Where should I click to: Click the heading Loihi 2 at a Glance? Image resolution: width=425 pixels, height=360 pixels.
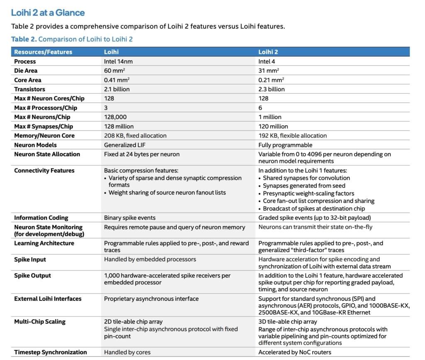(48, 12)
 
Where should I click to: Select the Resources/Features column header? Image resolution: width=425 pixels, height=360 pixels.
(43, 52)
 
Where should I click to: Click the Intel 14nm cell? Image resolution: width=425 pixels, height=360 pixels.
(118, 61)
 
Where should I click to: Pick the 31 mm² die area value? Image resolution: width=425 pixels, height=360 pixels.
(269, 71)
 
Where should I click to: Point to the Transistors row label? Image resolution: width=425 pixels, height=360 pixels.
(29, 89)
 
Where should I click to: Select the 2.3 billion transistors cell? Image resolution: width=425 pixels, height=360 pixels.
(271, 89)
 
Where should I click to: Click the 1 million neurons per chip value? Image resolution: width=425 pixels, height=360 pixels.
(270, 117)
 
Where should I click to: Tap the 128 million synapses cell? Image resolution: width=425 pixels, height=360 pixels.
(119, 126)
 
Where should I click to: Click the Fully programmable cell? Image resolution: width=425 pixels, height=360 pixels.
(285, 145)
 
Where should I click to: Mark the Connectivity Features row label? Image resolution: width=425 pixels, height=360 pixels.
(44, 170)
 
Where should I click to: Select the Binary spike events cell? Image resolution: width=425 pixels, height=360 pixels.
(129, 218)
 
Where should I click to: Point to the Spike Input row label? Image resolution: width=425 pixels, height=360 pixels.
(30, 260)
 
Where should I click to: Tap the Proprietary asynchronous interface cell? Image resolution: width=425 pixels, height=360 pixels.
(151, 299)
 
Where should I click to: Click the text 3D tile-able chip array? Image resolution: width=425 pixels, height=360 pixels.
(288, 321)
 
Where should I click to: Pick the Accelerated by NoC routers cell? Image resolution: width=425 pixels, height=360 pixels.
(295, 352)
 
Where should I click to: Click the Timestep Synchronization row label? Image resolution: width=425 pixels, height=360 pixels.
(51, 352)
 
